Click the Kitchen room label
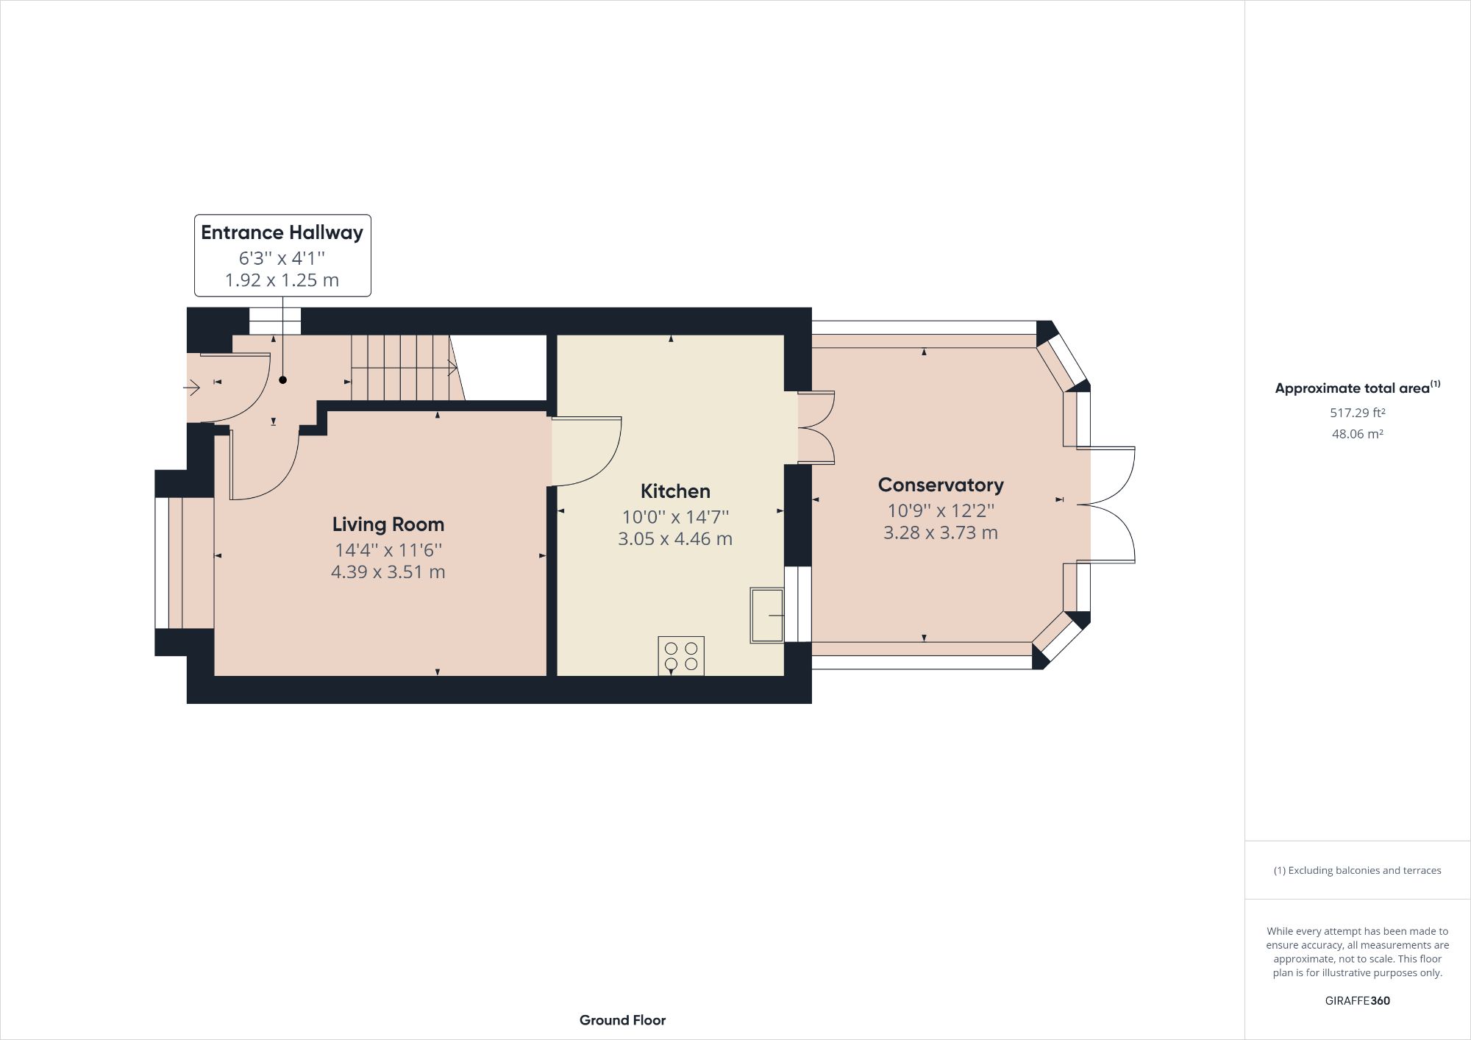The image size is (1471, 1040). click(x=675, y=491)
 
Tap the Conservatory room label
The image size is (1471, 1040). click(x=940, y=485)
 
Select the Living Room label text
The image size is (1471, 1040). click(x=388, y=524)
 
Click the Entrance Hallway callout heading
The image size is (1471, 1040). click(x=282, y=233)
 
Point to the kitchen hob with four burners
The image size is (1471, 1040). click(x=681, y=655)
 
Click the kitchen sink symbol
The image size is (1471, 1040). click(x=767, y=615)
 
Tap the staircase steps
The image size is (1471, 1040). click(x=401, y=368)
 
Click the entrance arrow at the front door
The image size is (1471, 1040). click(x=193, y=387)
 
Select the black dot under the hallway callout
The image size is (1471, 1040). click(x=282, y=380)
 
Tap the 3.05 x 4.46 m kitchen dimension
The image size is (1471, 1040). click(x=675, y=539)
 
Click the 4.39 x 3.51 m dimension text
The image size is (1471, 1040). click(x=388, y=572)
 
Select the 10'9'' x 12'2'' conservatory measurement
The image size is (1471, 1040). click(x=940, y=510)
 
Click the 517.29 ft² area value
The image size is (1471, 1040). click(x=1357, y=413)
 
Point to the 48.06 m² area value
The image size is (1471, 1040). click(x=1357, y=434)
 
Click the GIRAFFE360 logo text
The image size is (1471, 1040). click(x=1357, y=1000)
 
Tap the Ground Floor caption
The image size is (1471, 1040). click(x=622, y=1020)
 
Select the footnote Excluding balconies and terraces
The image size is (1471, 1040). click(x=1357, y=870)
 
